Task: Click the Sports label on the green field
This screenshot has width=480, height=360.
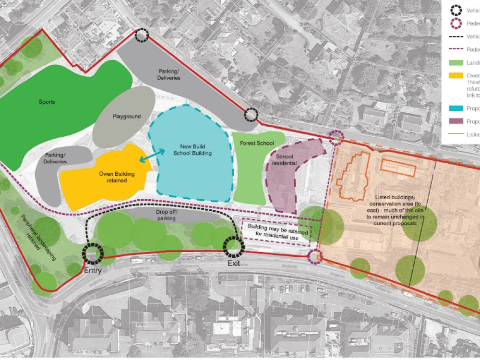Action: (x=47, y=102)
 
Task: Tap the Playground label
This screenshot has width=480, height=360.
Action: (x=127, y=117)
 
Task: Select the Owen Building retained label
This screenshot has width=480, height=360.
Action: (x=113, y=177)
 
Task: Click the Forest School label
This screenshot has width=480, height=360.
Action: (x=259, y=143)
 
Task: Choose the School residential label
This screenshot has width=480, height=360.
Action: (x=285, y=160)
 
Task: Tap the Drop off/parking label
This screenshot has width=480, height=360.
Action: (x=166, y=215)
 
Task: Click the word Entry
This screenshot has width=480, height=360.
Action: (x=93, y=271)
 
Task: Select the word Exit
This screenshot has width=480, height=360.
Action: (x=233, y=264)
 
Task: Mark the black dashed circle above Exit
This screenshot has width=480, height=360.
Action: (x=234, y=246)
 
